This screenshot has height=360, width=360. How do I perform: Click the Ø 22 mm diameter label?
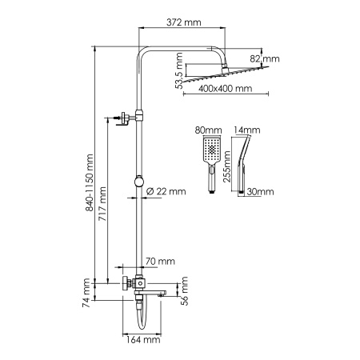[166, 190]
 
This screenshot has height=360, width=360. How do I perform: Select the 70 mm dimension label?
[162, 262]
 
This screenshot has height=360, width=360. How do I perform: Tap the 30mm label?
[261, 192]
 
